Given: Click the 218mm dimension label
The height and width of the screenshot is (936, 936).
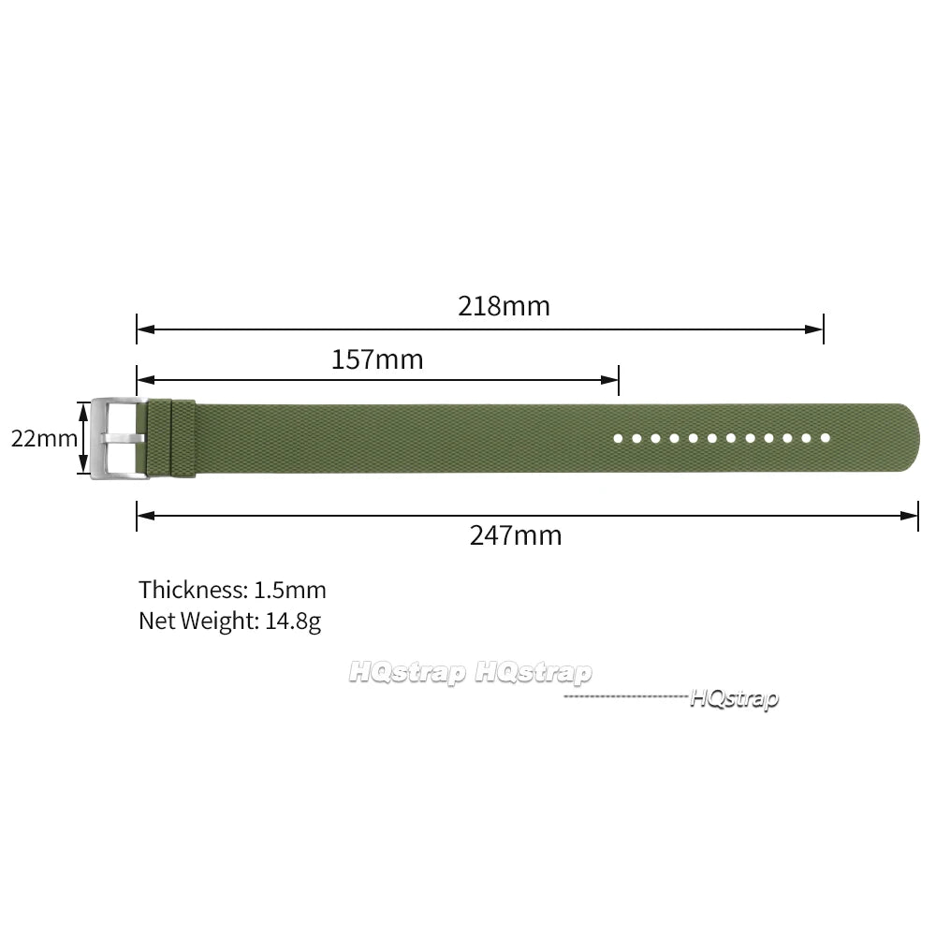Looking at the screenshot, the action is (504, 306).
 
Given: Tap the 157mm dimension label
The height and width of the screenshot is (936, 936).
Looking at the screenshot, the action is (377, 359).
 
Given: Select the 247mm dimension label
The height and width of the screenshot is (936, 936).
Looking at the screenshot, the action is (516, 534).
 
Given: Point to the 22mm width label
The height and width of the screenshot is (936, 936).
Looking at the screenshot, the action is (44, 439).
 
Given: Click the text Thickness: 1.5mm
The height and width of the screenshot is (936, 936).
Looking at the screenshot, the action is (233, 590).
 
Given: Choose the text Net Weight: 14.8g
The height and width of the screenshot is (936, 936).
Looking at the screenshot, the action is (230, 622).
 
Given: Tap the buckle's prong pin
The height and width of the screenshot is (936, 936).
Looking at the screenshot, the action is (123, 439).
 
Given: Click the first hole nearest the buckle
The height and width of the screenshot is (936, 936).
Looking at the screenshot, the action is (618, 439).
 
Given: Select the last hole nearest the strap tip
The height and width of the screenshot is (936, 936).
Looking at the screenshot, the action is (826, 438).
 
